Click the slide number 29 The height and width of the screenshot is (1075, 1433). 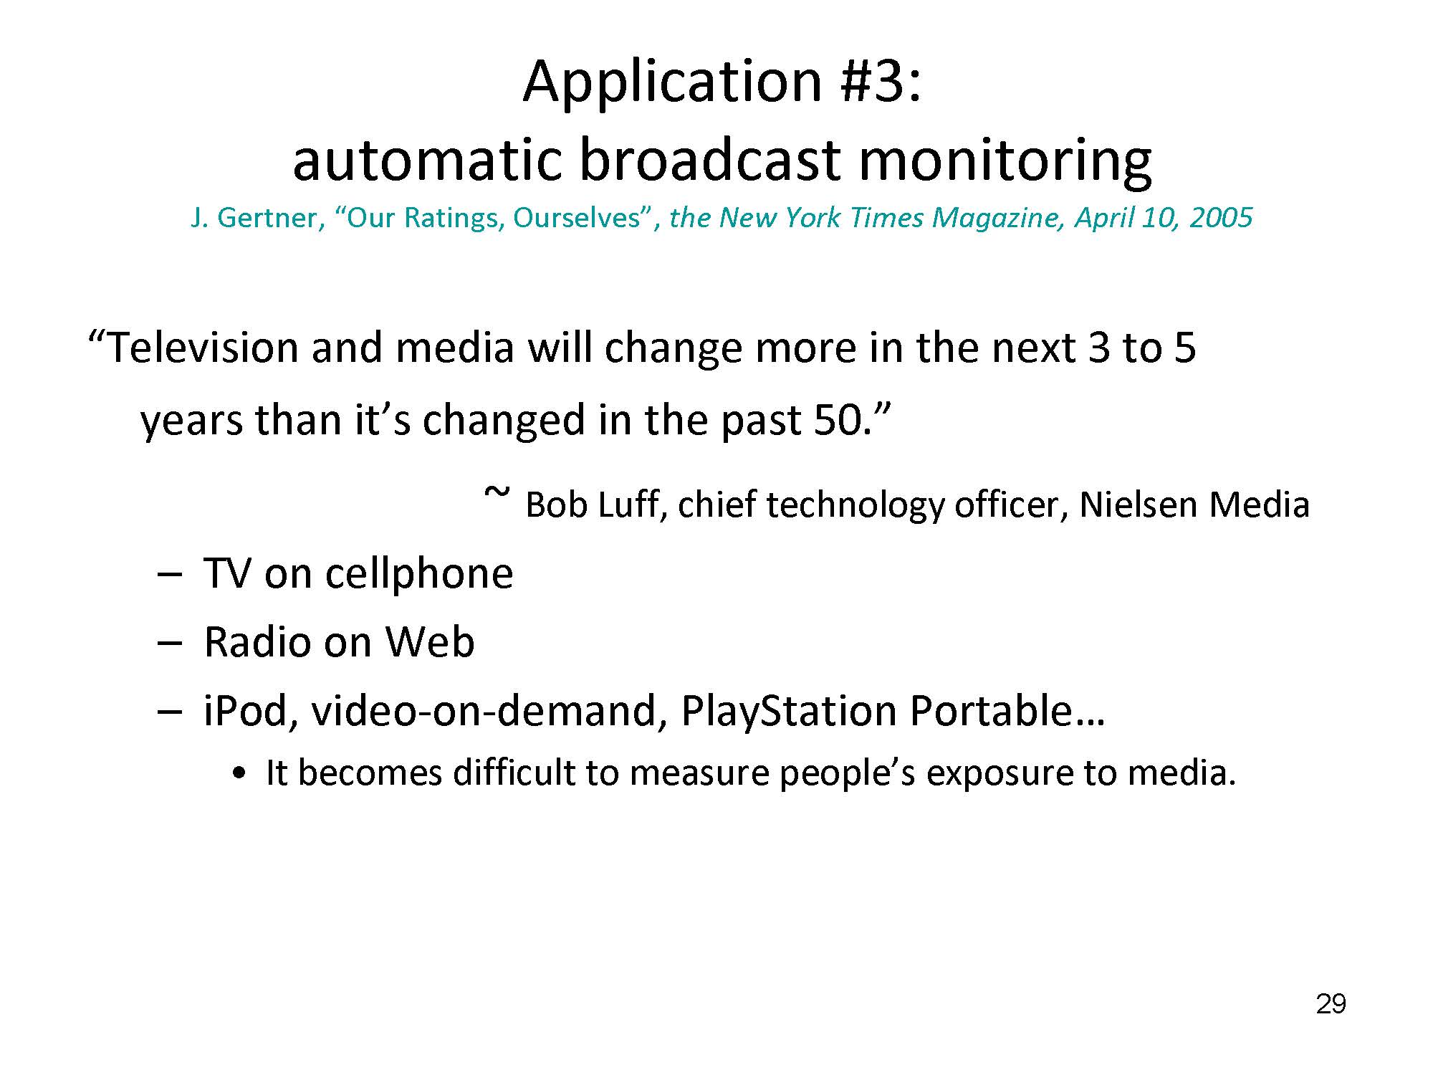pyautogui.click(x=1331, y=1004)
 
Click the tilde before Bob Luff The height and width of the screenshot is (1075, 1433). pyautogui.click(x=497, y=493)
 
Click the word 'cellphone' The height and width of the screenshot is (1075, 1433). pyautogui.click(x=419, y=574)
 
